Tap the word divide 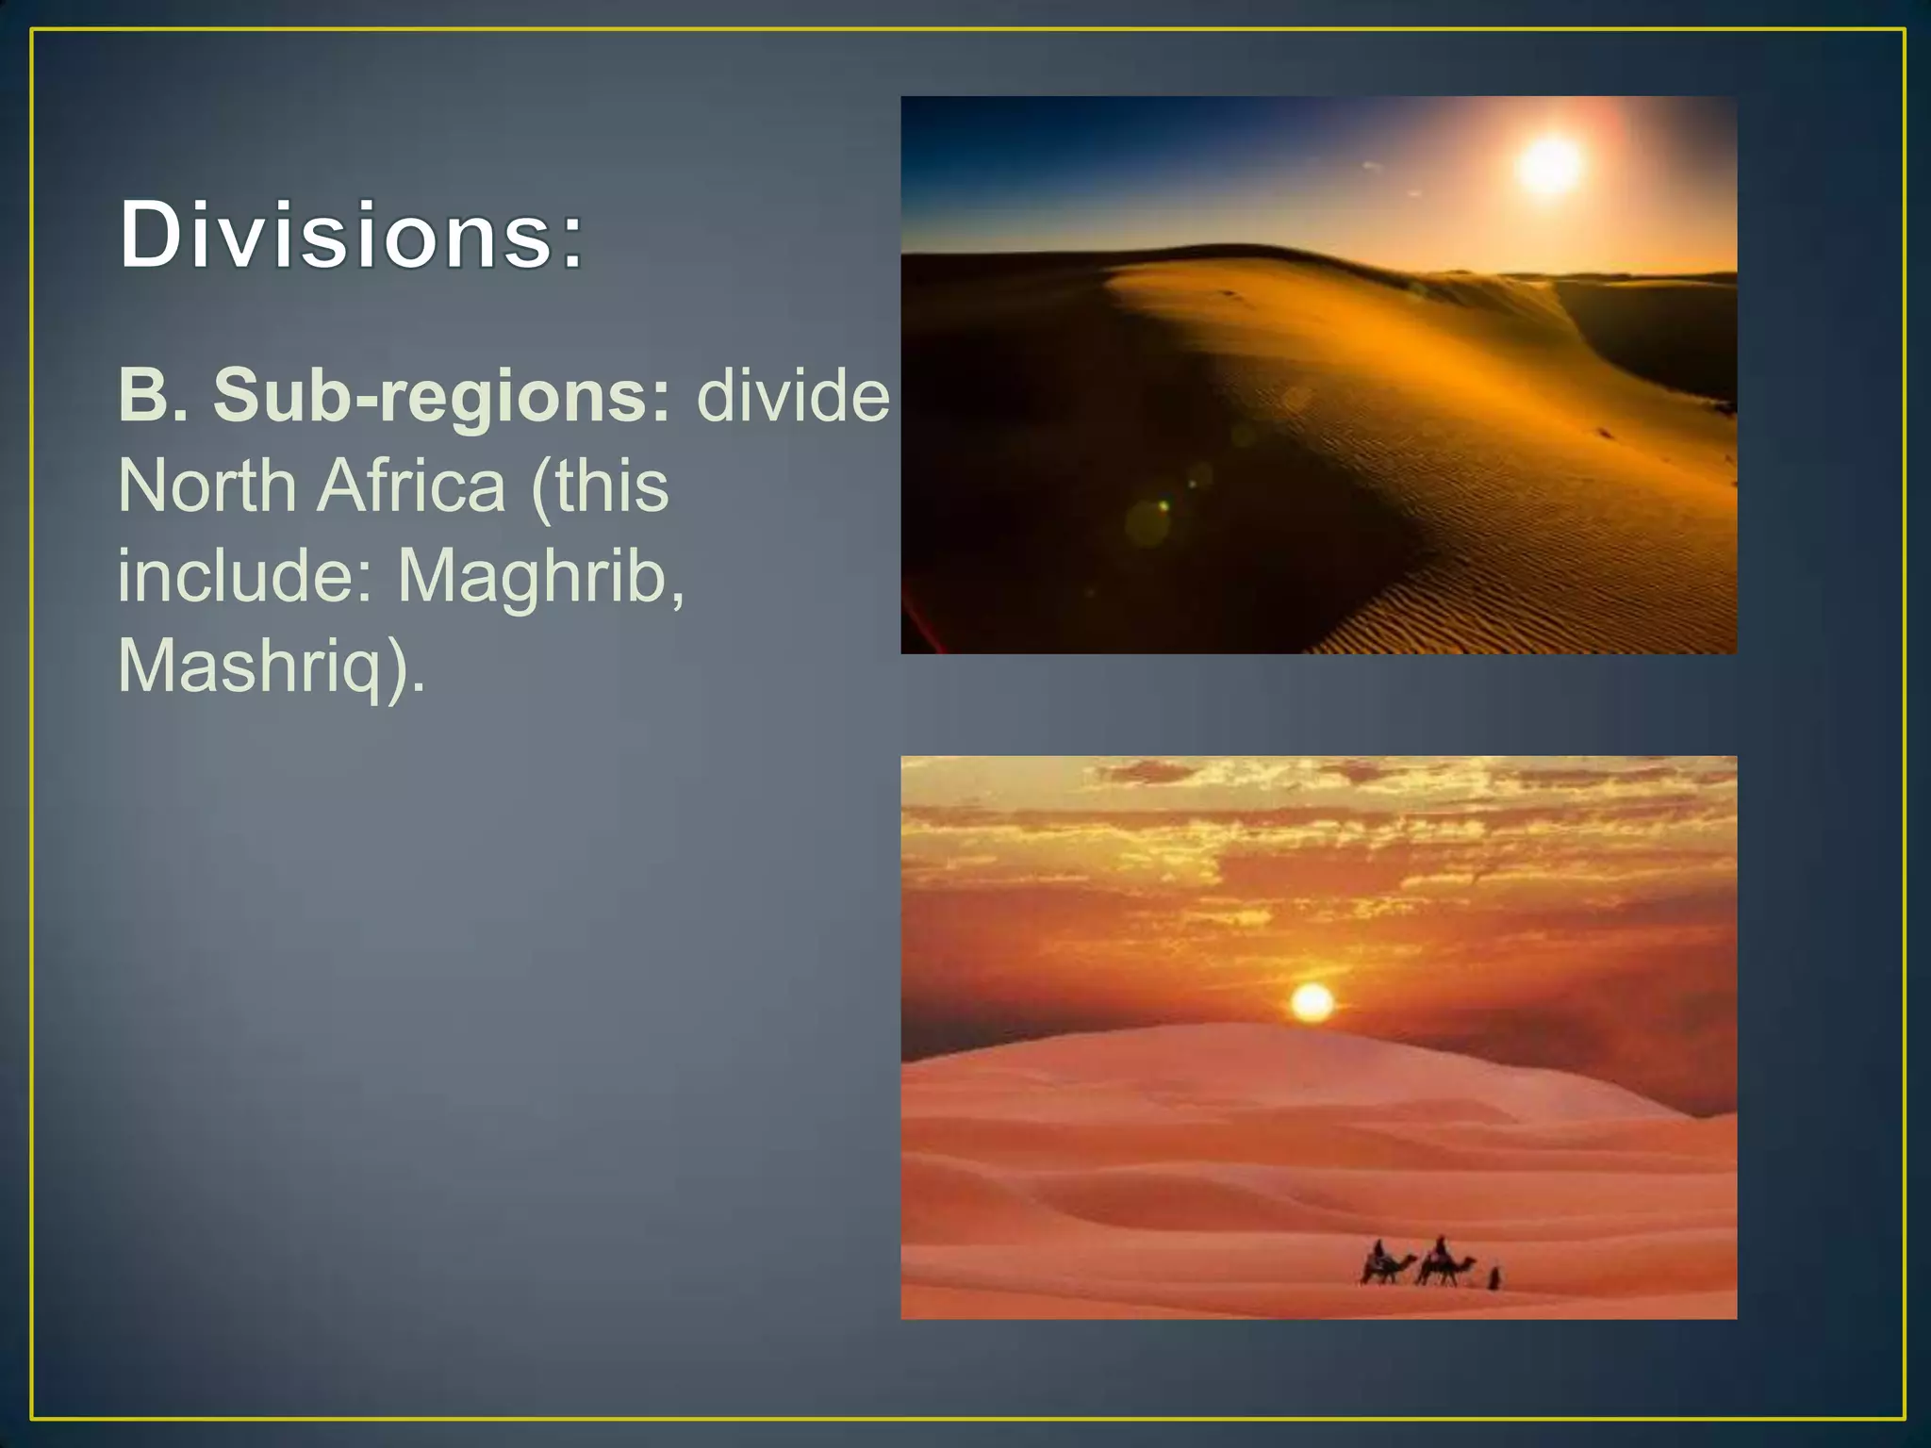[792, 395]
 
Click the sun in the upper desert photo [1549, 164]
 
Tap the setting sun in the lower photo [1312, 1001]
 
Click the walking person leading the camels [1494, 1278]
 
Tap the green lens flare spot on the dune [1164, 506]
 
